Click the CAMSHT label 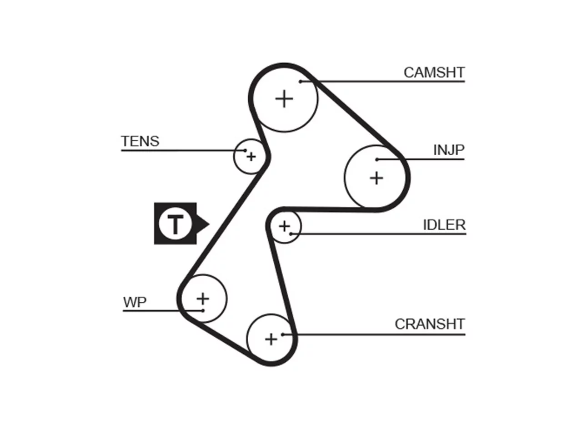(x=434, y=72)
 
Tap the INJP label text (x=449, y=150)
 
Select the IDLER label (x=444, y=225)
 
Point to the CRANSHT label (x=430, y=324)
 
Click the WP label (x=135, y=302)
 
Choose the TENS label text (x=140, y=141)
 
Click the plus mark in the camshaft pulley (x=284, y=99)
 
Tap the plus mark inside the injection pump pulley (x=376, y=178)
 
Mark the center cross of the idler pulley (x=285, y=226)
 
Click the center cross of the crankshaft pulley (x=271, y=340)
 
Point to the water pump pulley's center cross (x=203, y=299)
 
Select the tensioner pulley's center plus (x=251, y=157)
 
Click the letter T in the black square (x=175, y=224)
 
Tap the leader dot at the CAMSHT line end (x=301, y=81)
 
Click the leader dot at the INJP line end (x=377, y=159)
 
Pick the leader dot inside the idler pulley (x=291, y=234)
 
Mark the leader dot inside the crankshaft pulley (x=283, y=335)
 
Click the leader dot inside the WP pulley (x=203, y=311)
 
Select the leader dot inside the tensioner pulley (x=245, y=150)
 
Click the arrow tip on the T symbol (x=209, y=224)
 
